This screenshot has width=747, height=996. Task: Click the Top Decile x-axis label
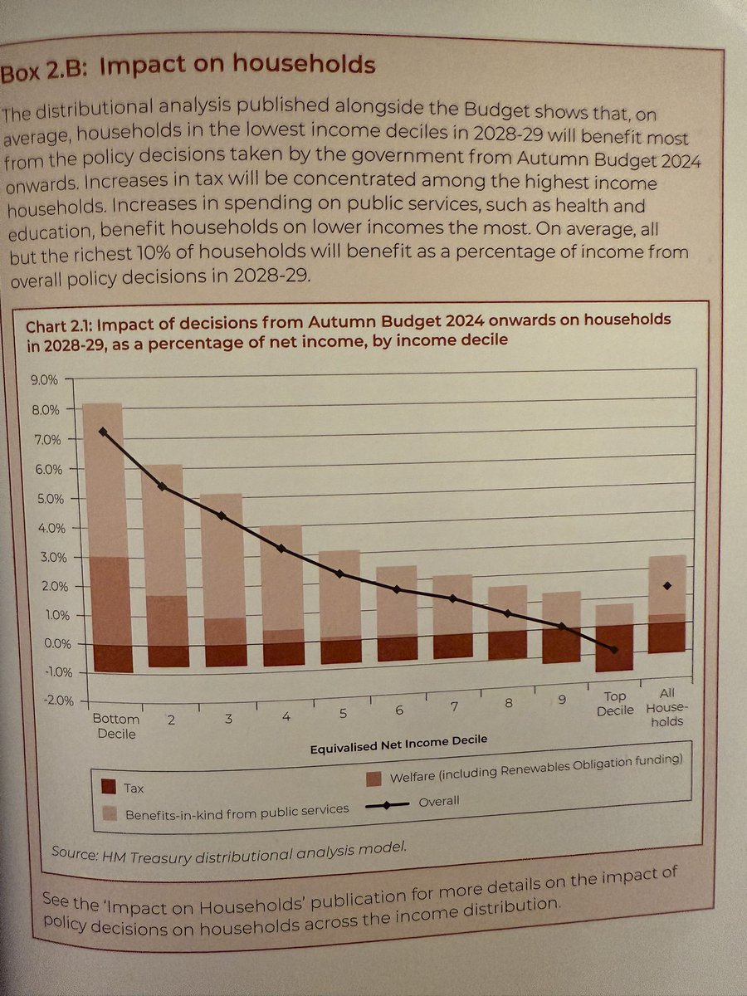click(615, 704)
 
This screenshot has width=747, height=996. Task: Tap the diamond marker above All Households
click(666, 586)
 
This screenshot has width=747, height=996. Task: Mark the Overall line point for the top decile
click(614, 650)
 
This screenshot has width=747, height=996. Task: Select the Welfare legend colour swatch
click(373, 778)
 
